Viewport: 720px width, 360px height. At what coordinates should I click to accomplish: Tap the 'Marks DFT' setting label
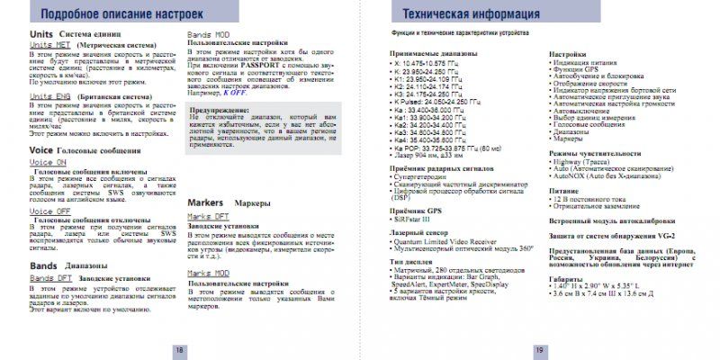click(206, 216)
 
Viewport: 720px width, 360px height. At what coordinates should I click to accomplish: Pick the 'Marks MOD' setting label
click(206, 272)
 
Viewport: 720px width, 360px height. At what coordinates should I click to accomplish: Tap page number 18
click(179, 350)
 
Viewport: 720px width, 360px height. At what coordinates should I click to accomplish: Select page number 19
click(538, 350)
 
